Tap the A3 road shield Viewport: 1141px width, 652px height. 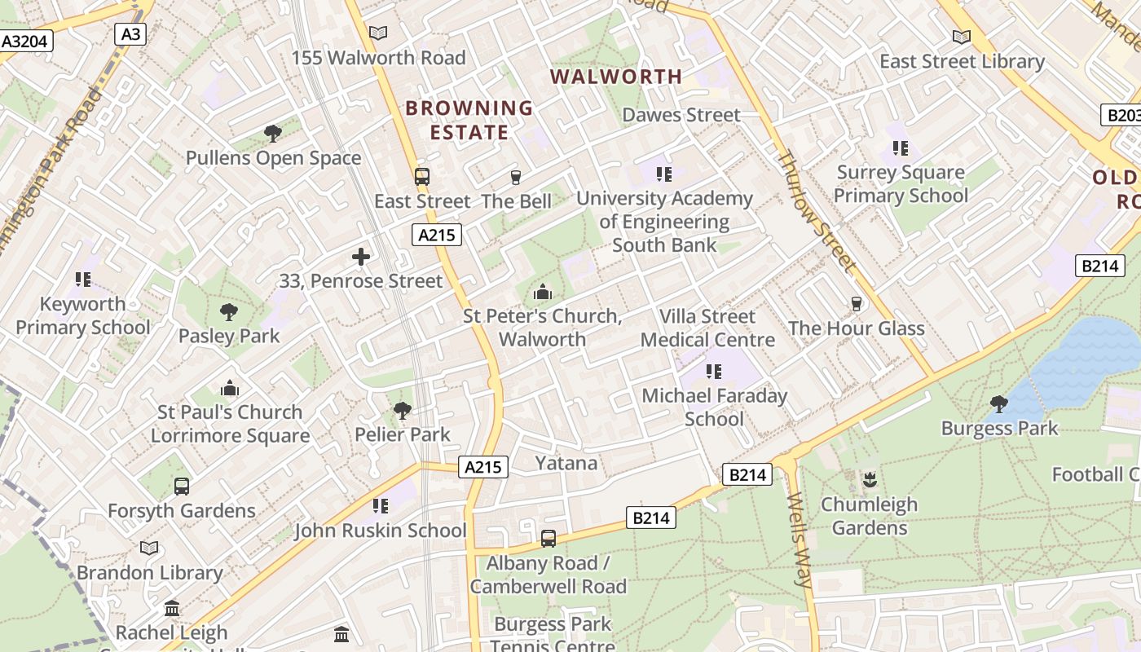(130, 33)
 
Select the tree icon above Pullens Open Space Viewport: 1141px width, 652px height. (273, 133)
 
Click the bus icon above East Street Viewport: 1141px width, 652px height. (421, 176)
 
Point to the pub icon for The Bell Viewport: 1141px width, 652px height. (515, 177)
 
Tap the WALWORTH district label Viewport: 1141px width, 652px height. (616, 77)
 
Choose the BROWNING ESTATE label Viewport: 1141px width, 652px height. (469, 120)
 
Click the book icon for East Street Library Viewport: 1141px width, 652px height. (962, 37)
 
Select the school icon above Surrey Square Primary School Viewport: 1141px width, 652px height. (901, 148)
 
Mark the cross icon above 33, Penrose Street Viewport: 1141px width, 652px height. (361, 257)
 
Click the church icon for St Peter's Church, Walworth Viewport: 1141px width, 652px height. (542, 292)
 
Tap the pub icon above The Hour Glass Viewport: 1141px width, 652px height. (856, 304)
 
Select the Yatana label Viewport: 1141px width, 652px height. (566, 463)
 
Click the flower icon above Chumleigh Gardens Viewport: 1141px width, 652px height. (869, 479)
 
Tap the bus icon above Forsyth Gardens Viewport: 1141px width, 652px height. (181, 487)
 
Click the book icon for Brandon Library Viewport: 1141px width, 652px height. (148, 548)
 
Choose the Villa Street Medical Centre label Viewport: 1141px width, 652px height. (707, 328)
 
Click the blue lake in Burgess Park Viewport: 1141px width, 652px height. (1084, 359)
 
